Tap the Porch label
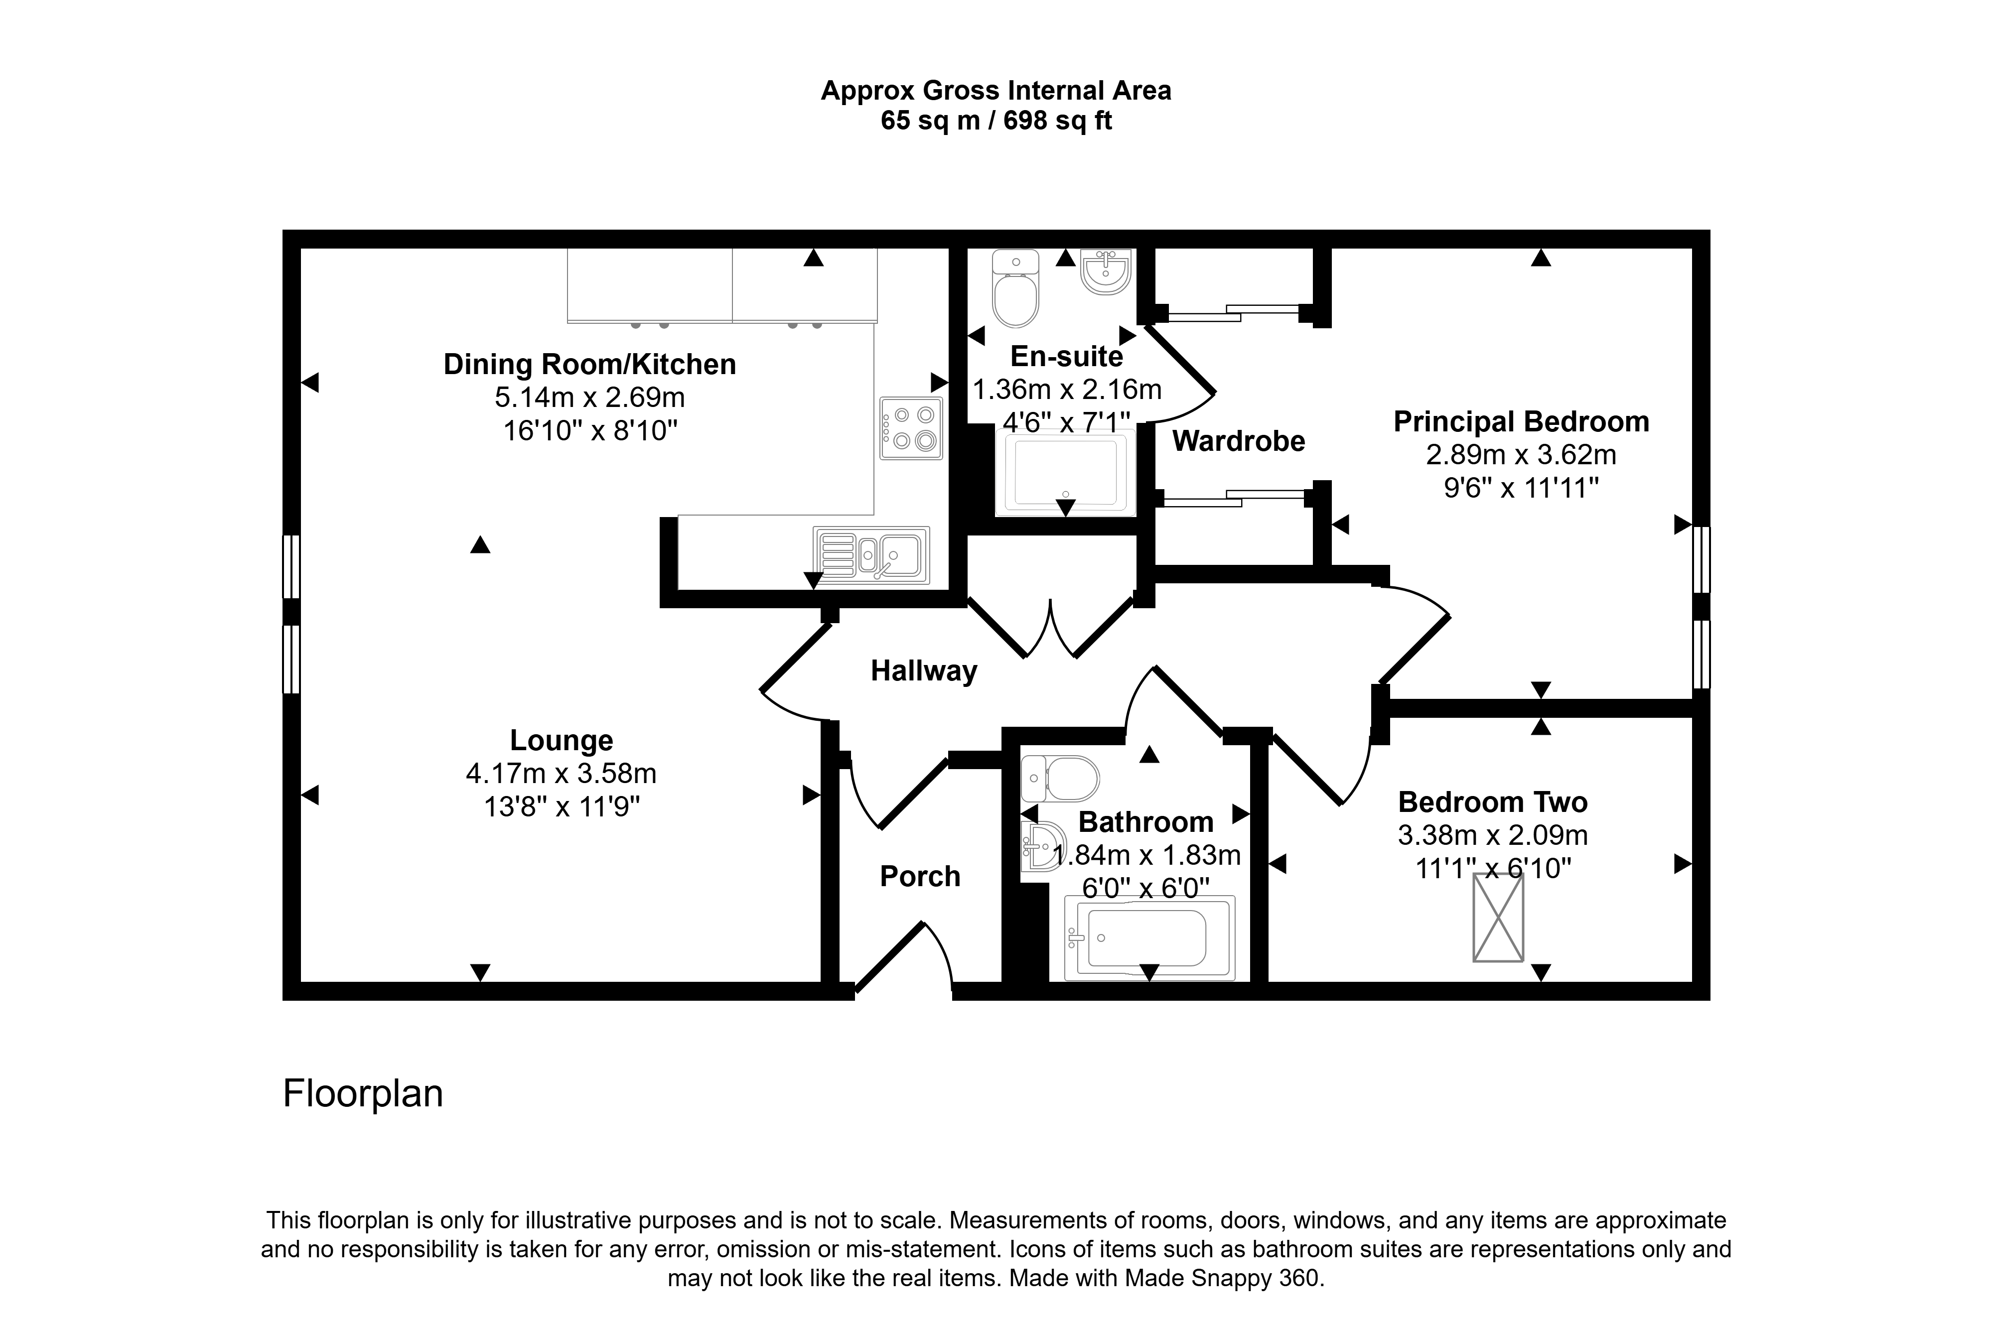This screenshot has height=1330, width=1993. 920,876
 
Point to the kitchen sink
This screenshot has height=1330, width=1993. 871,555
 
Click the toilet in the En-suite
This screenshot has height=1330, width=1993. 1015,289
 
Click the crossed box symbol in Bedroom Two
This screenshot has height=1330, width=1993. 1498,918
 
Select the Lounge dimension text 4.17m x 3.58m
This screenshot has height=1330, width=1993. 561,774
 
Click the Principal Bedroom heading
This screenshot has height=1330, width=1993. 1521,421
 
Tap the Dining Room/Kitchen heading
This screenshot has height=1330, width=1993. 589,365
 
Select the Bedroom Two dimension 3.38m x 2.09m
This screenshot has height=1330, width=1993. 1492,835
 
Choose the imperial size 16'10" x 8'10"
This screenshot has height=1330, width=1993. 590,431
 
